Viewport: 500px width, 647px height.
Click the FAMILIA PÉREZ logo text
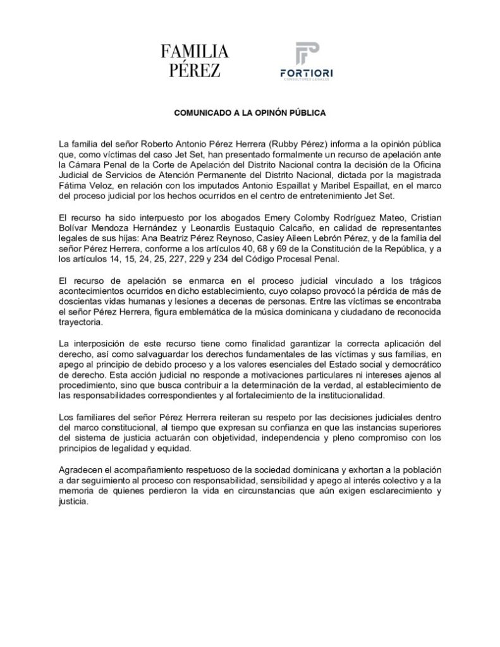point(194,61)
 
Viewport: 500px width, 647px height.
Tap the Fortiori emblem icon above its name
point(307,56)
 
